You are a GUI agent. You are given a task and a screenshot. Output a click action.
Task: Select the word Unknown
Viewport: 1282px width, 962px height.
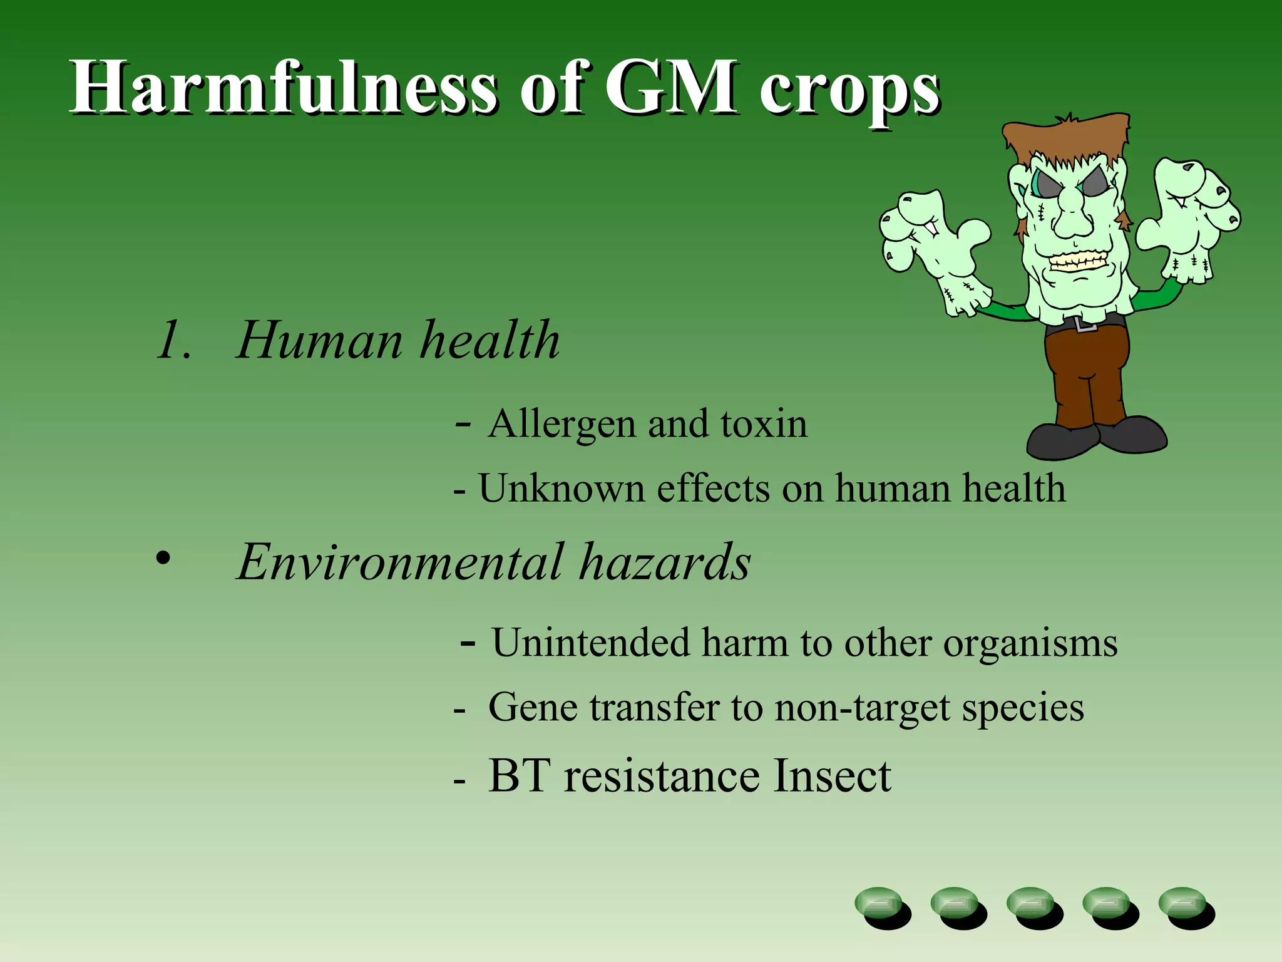(562, 489)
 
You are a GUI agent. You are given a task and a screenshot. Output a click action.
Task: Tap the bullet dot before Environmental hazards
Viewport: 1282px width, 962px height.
(163, 558)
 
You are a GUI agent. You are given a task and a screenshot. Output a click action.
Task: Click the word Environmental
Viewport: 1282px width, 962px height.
(401, 562)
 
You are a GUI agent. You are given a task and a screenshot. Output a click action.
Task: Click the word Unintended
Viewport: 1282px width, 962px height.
(590, 643)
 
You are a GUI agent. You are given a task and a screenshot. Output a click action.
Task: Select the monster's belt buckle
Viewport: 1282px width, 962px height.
(1085, 324)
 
